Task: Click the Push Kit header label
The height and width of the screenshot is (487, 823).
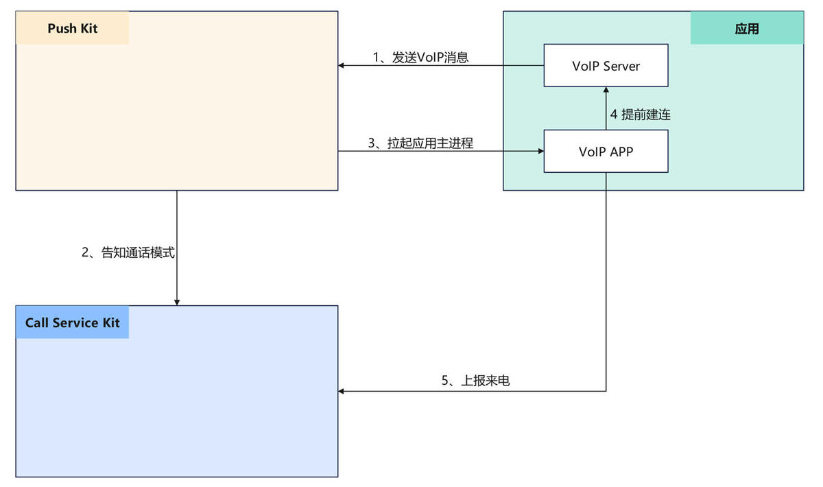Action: coord(72,28)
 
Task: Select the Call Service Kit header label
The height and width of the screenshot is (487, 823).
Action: coord(72,322)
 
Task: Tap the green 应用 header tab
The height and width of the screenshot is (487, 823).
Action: coord(746,29)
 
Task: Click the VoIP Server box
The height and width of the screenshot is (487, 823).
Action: coord(606,66)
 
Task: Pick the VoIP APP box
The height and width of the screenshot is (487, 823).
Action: coord(606,151)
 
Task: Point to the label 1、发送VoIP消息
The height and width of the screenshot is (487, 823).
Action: coord(420,58)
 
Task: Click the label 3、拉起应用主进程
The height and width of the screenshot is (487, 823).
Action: coord(420,143)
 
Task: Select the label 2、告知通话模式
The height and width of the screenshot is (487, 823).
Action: coord(128,252)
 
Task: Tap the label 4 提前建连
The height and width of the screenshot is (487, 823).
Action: coord(640,115)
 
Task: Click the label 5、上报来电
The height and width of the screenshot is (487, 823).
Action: coord(475,381)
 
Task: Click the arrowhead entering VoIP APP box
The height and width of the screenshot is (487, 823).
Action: coord(540,151)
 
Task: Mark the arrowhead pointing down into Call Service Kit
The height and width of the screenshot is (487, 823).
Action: coord(177,302)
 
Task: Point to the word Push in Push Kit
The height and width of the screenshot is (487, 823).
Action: coord(61,28)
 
